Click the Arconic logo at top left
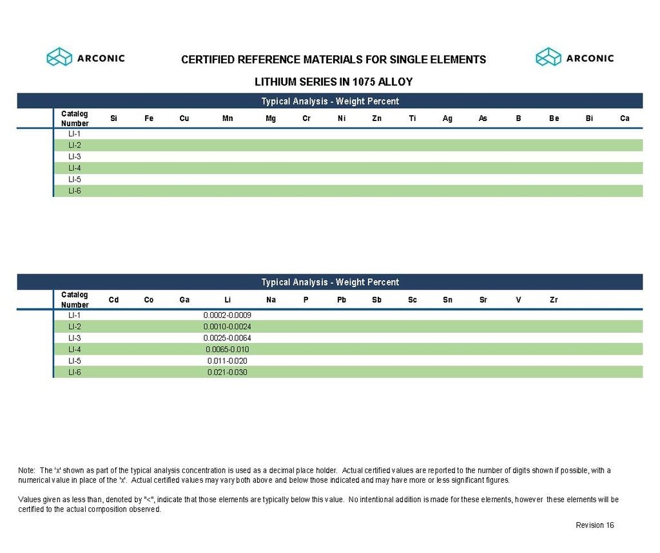click(x=86, y=57)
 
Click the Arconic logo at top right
click(x=575, y=57)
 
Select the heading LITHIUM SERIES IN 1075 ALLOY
click(x=333, y=82)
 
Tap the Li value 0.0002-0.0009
click(x=227, y=315)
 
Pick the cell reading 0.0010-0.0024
click(x=227, y=326)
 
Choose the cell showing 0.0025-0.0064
click(x=227, y=338)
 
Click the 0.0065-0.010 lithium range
click(x=227, y=350)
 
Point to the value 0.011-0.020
click(x=227, y=361)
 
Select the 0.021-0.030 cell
click(x=227, y=372)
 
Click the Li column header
click(x=228, y=299)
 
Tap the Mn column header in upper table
click(x=228, y=118)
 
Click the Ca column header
click(x=625, y=118)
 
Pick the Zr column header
click(x=554, y=299)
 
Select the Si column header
click(x=113, y=118)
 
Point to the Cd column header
click(x=113, y=299)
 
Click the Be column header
click(x=554, y=118)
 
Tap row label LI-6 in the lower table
click(x=74, y=372)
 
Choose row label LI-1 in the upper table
click(x=74, y=134)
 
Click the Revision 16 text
click(x=594, y=525)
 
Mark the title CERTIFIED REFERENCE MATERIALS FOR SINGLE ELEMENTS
click(x=333, y=60)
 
